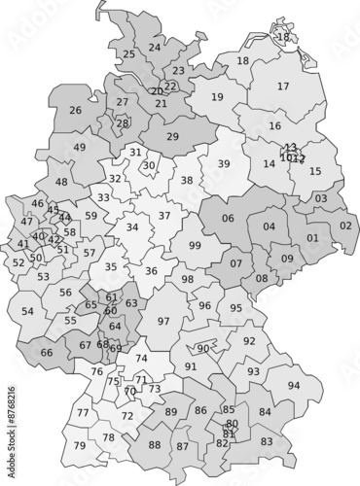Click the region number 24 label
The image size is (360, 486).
[155, 47]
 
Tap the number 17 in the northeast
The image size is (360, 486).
[283, 87]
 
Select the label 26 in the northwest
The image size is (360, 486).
[75, 110]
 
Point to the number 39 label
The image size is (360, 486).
[223, 163]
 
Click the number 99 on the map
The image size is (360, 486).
[196, 246]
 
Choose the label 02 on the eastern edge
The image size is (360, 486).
[345, 226]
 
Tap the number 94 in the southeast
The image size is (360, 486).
[293, 385]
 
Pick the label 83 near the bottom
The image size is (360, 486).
[267, 441]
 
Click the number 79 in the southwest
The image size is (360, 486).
[80, 445]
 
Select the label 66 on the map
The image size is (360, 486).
[47, 352]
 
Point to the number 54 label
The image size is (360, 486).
[27, 311]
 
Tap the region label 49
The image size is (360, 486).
[80, 148]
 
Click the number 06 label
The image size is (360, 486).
[228, 219]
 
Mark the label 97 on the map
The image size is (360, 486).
[163, 321]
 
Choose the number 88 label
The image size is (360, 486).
[155, 445]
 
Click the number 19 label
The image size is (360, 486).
[217, 97]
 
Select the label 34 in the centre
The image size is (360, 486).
[132, 227]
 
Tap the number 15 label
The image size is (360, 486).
[315, 171]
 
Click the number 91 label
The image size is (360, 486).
[191, 366]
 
